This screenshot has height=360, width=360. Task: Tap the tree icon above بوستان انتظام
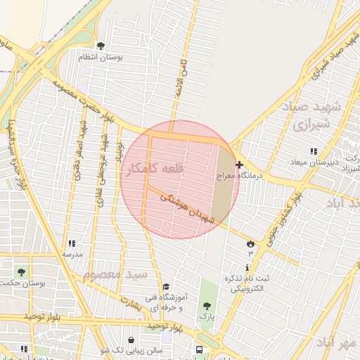click(101, 46)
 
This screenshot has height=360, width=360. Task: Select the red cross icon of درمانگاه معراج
click(240, 165)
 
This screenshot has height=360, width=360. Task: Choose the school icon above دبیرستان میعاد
click(314, 151)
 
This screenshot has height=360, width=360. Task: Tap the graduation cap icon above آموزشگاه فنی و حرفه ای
click(166, 286)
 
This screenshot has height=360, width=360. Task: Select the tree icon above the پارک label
click(206, 306)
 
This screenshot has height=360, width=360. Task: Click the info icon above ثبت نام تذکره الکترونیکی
click(247, 267)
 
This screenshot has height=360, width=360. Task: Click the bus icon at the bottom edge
click(200, 349)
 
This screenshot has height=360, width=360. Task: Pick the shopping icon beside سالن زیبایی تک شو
click(131, 340)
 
